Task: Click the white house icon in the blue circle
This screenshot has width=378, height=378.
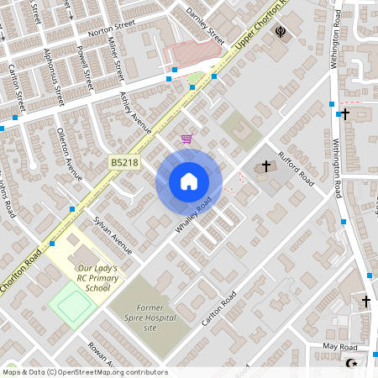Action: pos(189,181)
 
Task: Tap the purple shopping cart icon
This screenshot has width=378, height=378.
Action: pos(186,139)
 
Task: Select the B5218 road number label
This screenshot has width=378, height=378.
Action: pos(123,162)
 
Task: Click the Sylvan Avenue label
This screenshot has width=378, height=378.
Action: pos(113,234)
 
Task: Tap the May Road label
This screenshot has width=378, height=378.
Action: pos(340,347)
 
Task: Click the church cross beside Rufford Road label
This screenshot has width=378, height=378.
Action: pos(266,166)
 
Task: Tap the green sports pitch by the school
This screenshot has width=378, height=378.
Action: pos(71,303)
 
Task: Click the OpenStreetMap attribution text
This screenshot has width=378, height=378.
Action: pos(85,372)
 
